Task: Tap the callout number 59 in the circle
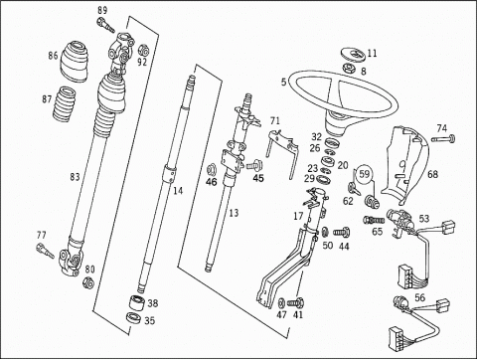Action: pos(364,174)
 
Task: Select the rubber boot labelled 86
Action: pos(75,61)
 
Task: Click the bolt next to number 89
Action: pos(105,26)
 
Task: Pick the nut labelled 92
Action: pos(143,50)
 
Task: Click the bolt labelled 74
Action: pos(443,138)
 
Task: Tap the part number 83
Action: pos(75,177)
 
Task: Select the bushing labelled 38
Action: pos(136,303)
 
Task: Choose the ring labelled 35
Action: pos(134,317)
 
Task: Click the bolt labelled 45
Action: pos(254,164)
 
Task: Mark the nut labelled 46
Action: pos(211,170)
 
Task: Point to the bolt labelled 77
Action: pos(45,251)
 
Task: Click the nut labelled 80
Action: pos(88,282)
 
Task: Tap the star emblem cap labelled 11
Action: pos(353,55)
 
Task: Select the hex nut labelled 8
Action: pos(350,68)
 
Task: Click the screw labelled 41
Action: pos(296,303)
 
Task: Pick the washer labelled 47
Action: pos(281,303)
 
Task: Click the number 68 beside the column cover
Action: pos(432,174)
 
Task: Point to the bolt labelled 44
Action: pos(342,232)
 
